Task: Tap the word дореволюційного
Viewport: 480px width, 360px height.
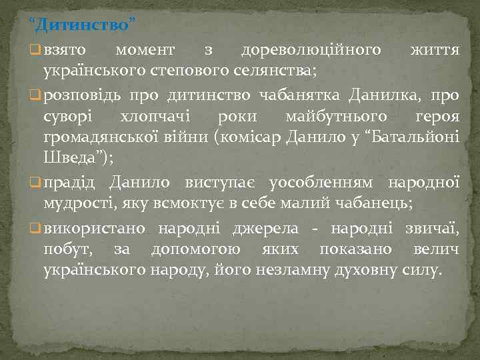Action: point(311,51)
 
